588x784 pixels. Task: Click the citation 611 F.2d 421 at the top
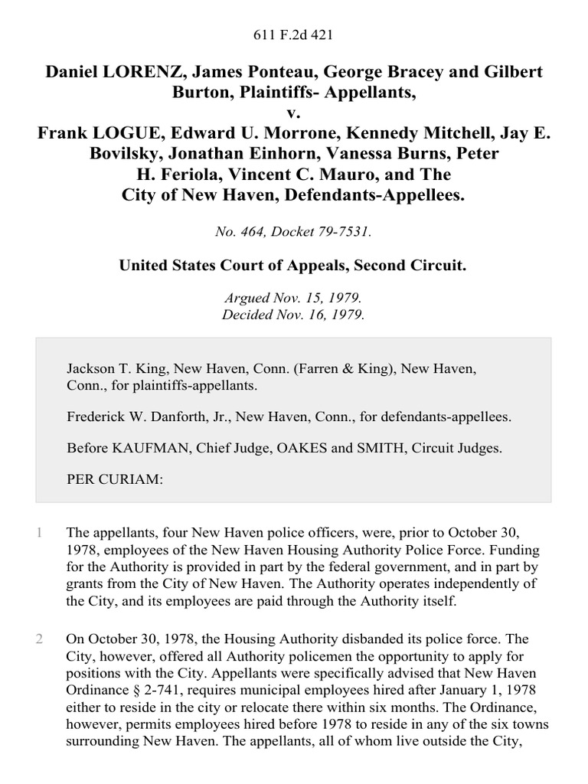pos(293,35)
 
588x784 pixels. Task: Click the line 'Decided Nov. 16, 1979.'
pos(293,314)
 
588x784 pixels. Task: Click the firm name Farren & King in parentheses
pos(325,369)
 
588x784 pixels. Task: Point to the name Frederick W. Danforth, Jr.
pos(149,417)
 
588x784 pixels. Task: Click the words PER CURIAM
pos(115,479)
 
